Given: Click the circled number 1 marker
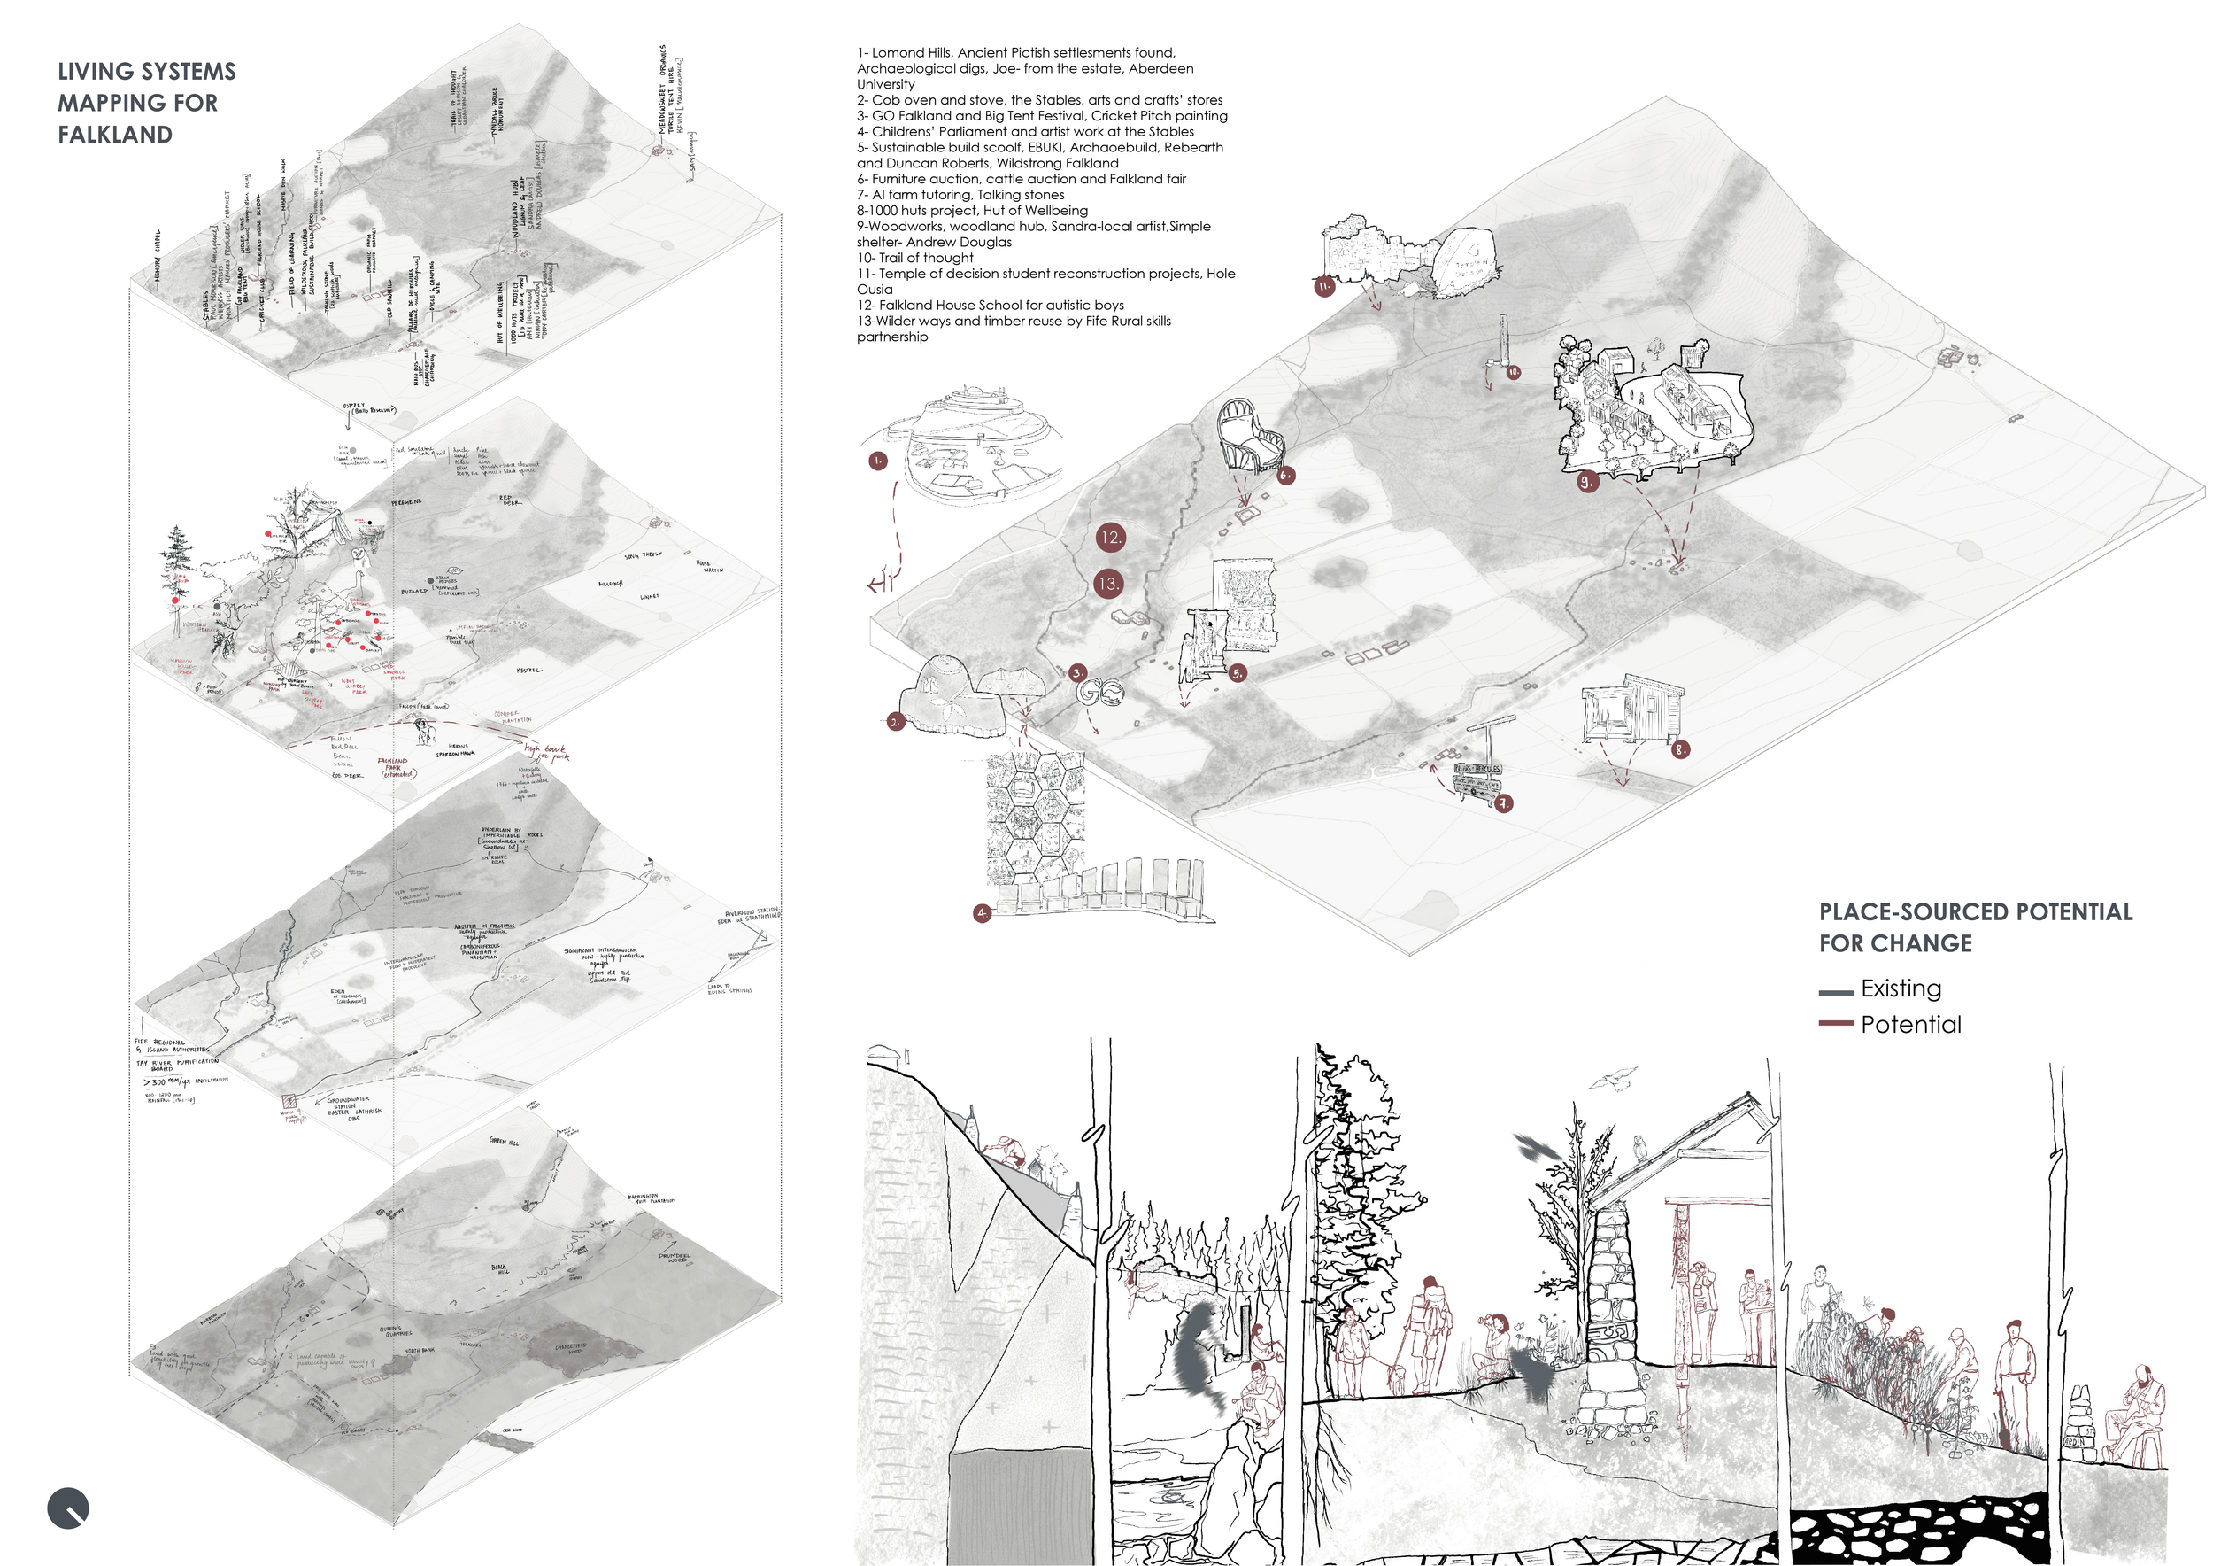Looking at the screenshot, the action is pos(877,461).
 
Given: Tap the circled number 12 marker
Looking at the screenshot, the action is pos(1110,538).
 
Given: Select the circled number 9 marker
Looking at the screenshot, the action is pos(1586,481).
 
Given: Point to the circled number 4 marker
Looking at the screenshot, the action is pos(981,913).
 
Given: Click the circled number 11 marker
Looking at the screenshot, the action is pos(1324,286).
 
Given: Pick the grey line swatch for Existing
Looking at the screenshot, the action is pos(1835,991).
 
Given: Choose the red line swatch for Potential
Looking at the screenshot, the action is pos(1835,1023).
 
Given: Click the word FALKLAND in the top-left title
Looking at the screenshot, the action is pos(115,135).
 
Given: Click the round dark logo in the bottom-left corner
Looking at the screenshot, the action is pos(67,1508).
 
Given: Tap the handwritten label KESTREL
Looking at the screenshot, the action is pos(529,671).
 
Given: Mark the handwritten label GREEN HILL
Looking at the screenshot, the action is pos(503,1142).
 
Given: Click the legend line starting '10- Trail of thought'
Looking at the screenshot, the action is pos(914,258).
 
